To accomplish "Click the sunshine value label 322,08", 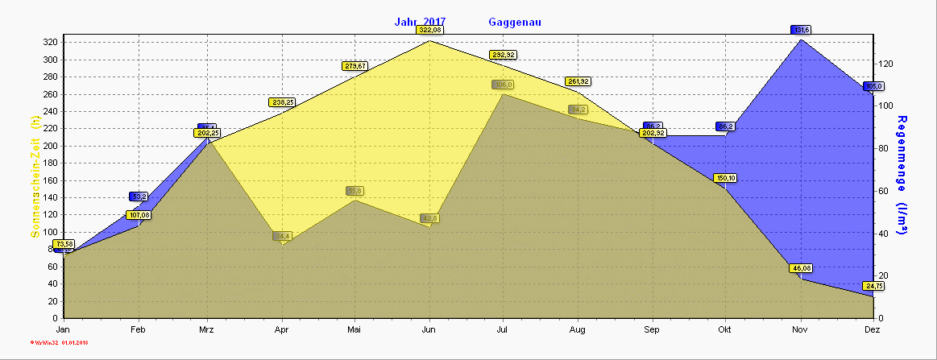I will (x=429, y=30).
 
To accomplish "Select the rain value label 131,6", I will (x=801, y=30).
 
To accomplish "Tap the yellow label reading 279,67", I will (x=354, y=66).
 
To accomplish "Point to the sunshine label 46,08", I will (x=801, y=268).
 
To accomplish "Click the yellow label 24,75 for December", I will (x=873, y=286).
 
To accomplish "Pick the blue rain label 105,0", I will (x=873, y=86).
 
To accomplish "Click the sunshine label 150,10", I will (x=726, y=178).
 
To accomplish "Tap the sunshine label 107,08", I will (x=138, y=215).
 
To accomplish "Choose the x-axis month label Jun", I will (x=429, y=330).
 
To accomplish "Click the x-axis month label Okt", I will (x=725, y=330).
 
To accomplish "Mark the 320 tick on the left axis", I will (x=50, y=43).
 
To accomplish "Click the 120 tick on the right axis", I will (x=886, y=63).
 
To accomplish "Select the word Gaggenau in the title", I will (x=514, y=22).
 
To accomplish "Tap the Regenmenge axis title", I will (x=902, y=174).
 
